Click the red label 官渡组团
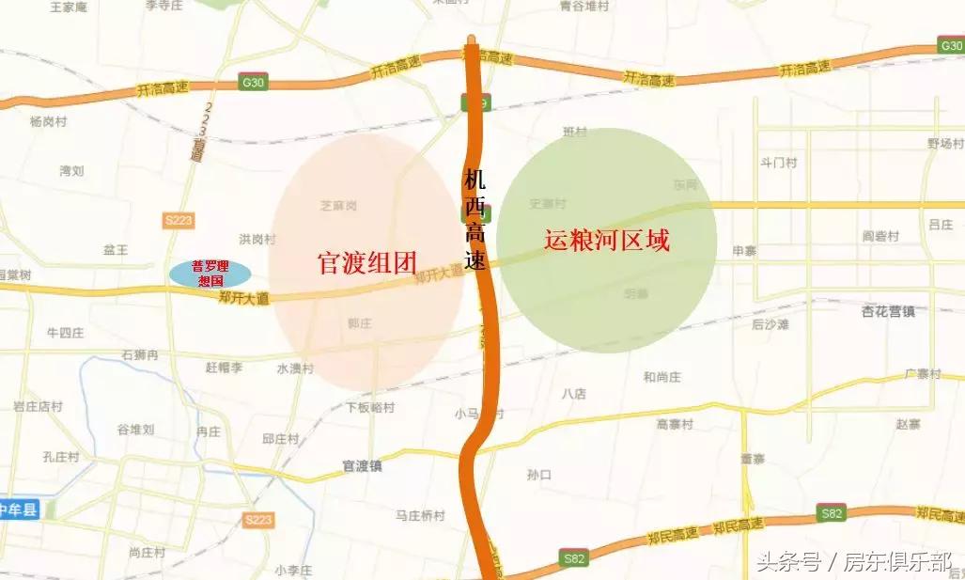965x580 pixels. point(366,263)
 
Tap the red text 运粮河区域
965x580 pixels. point(607,241)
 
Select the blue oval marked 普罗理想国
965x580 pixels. point(210,274)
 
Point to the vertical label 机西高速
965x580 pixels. point(475,218)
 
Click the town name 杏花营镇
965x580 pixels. point(888,311)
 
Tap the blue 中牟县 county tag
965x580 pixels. point(17,510)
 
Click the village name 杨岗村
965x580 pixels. point(48,122)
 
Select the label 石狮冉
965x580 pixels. point(140,355)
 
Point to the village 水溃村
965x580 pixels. point(295,368)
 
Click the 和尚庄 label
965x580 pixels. point(662,377)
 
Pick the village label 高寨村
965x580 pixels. point(675,425)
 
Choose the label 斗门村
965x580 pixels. point(778,163)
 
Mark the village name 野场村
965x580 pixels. point(945,144)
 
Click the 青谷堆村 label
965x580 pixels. point(584,6)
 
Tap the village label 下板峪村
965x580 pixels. point(370,408)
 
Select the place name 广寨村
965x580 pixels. point(923,374)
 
